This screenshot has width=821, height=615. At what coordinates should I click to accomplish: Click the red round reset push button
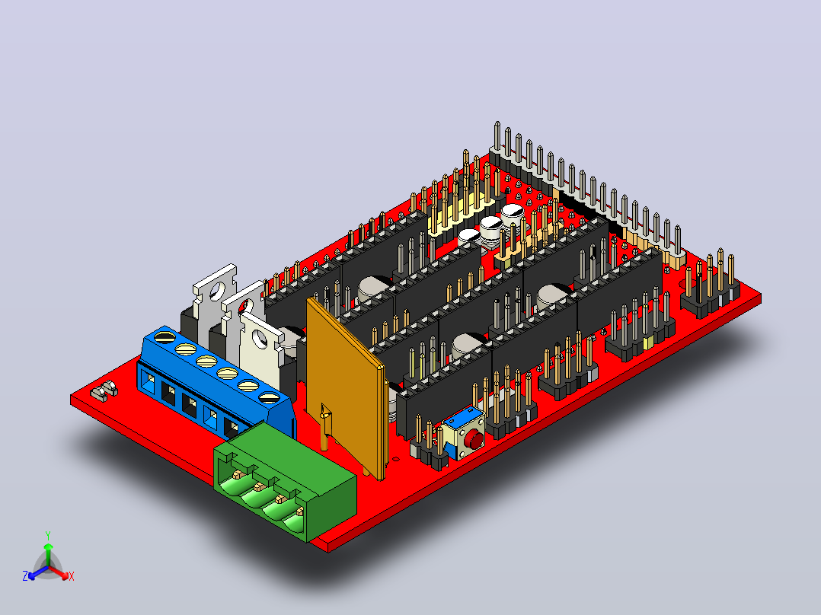tap(474, 440)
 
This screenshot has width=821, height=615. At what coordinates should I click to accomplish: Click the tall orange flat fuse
tap(346, 384)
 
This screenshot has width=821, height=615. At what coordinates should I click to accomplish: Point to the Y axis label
tap(48, 535)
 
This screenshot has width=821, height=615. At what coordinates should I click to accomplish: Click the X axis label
tap(72, 576)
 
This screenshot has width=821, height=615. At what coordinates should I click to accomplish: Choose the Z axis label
tap(24, 575)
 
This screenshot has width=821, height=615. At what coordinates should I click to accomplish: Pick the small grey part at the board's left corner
tap(105, 391)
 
